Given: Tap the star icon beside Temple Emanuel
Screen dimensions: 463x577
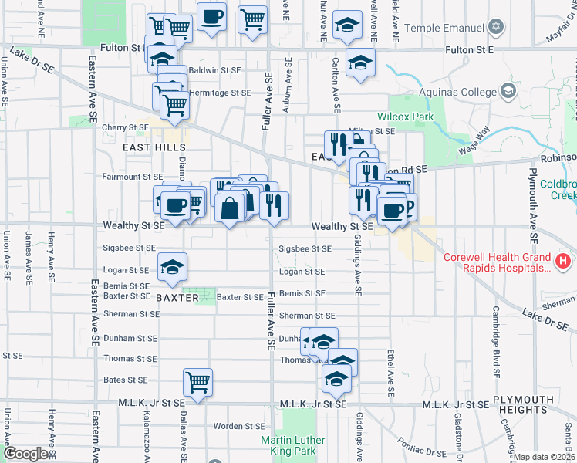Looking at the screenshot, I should (497, 27).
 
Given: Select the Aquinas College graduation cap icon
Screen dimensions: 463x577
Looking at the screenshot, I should (508, 93).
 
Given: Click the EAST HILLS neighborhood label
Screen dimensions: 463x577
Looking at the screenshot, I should (154, 147).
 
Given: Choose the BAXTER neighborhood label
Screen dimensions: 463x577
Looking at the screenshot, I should (177, 297).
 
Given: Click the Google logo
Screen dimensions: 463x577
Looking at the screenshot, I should (25, 454).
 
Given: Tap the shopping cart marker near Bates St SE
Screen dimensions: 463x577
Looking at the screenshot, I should (198, 382).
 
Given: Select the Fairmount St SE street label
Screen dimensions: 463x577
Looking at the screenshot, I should (133, 177).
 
